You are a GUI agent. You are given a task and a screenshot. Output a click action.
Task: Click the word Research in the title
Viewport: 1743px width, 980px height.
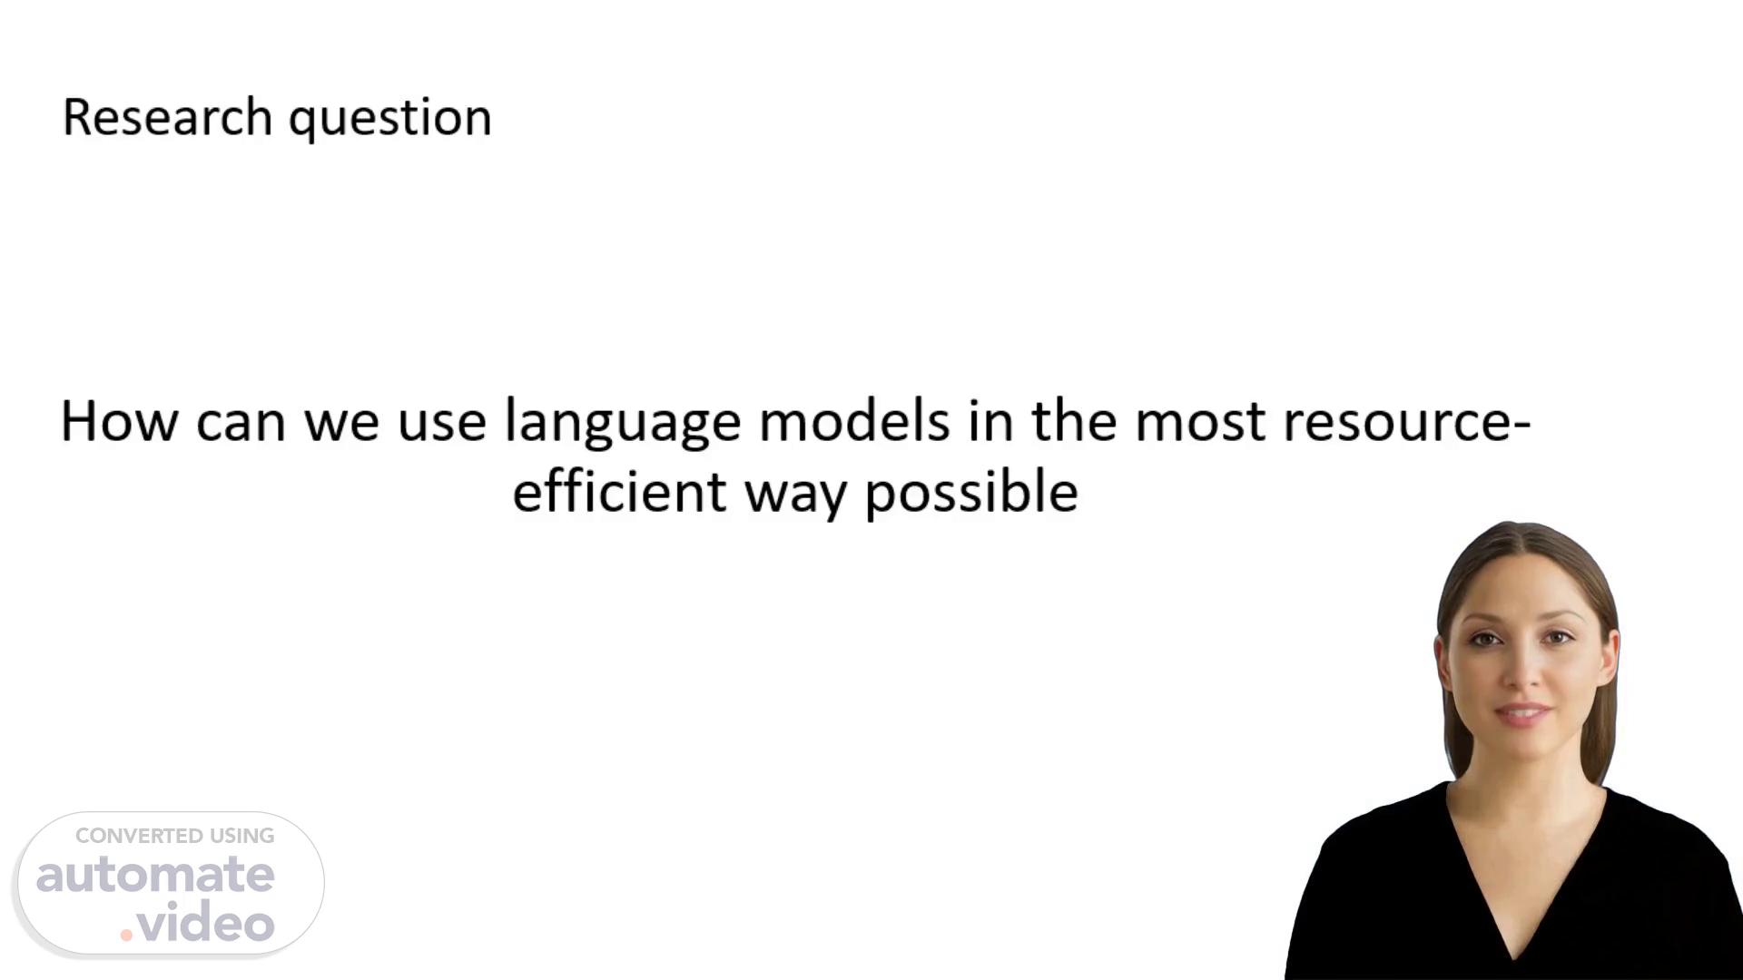[167, 117]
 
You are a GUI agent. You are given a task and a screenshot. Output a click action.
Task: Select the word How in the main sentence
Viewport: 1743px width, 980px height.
[120, 422]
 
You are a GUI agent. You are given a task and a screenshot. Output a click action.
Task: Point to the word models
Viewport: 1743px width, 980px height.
[854, 421]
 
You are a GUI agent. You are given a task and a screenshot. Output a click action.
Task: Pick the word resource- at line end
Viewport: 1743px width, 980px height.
[1407, 423]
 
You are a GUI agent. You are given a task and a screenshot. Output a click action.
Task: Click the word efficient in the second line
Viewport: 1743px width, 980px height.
[619, 491]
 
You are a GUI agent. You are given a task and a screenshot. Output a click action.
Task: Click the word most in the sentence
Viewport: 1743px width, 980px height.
[1200, 423]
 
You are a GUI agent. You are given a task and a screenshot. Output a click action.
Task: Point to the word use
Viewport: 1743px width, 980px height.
[442, 424]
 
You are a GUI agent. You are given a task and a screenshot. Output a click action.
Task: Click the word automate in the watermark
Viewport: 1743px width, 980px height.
[155, 875]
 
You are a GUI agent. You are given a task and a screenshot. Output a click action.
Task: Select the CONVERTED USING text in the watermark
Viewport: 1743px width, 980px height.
[174, 836]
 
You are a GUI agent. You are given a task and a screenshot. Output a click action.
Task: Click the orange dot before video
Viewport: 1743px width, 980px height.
[126, 935]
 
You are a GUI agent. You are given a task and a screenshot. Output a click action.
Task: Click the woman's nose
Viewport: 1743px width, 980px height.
[1522, 672]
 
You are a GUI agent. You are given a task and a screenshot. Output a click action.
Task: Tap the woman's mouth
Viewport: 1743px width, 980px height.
[1523, 713]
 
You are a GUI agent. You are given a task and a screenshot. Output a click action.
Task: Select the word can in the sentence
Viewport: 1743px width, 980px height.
[241, 424]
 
